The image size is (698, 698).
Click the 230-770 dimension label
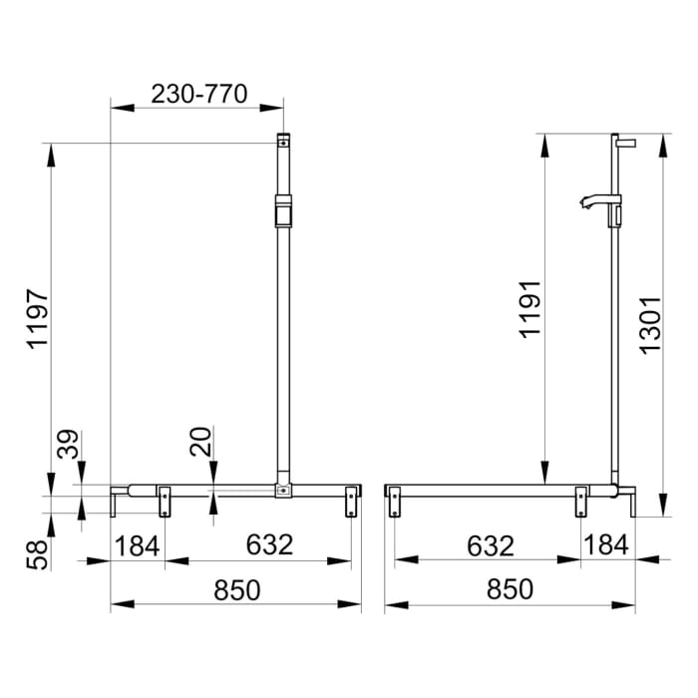click(x=199, y=94)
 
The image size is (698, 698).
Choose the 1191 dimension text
click(x=529, y=309)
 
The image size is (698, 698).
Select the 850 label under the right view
click(x=509, y=589)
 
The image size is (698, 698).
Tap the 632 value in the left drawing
click(x=269, y=545)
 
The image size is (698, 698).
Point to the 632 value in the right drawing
click(x=489, y=545)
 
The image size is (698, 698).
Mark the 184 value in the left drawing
click(x=138, y=545)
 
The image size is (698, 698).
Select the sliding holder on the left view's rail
click(x=284, y=213)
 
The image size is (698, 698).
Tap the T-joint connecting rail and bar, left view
click(x=284, y=490)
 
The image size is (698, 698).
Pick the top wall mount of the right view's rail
click(x=624, y=142)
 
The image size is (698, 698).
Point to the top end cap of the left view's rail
click(x=284, y=141)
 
